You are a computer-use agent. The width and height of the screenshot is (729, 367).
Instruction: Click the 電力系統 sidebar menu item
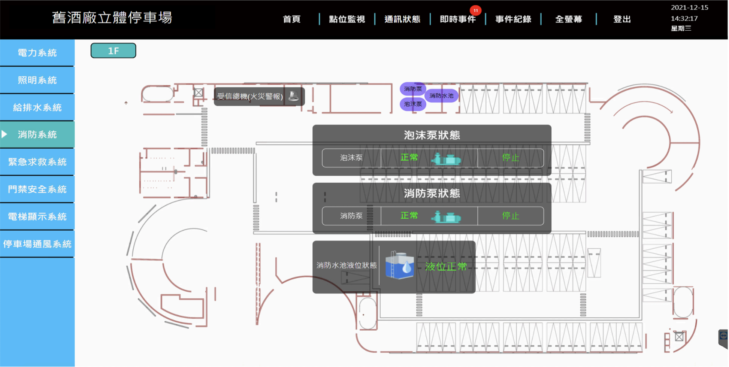(37, 53)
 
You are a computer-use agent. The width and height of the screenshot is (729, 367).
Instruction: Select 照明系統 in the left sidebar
(37, 80)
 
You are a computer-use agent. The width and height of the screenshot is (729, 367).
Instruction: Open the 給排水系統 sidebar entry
(37, 107)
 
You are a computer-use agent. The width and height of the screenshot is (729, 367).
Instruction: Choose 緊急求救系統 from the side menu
(37, 162)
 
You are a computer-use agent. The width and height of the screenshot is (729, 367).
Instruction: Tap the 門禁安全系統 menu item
(37, 189)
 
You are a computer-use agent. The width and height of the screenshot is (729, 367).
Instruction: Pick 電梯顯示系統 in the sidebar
(37, 216)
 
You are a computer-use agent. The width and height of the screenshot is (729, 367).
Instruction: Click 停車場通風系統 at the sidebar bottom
(37, 244)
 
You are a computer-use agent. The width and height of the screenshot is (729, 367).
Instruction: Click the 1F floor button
(113, 51)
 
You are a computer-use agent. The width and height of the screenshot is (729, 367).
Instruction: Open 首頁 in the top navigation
(291, 19)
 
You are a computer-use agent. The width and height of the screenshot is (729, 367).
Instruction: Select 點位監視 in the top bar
(347, 19)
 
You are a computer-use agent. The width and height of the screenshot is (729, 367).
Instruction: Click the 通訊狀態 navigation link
(402, 19)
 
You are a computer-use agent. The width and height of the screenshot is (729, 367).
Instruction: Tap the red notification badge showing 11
(475, 10)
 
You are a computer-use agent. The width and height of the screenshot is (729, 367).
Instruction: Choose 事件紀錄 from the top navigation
(513, 19)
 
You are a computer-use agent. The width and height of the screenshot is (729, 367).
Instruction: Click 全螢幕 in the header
(569, 19)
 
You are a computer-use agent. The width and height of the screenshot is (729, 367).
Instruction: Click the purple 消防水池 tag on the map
(441, 96)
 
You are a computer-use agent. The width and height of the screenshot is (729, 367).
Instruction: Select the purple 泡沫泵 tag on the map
(413, 104)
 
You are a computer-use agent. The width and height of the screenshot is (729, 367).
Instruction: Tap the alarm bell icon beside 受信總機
(294, 96)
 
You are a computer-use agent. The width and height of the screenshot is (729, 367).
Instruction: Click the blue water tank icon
(400, 265)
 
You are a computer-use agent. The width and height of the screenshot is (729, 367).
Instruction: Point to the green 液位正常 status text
(446, 267)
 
